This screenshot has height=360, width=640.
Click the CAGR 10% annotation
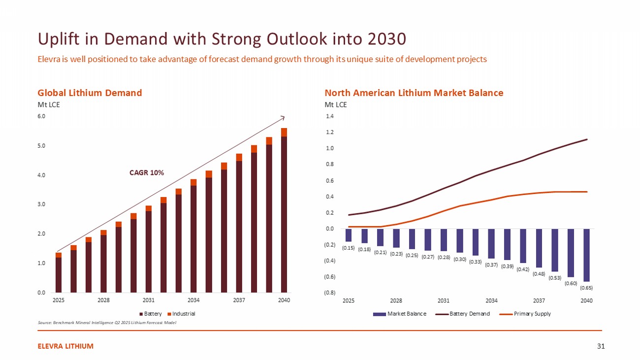(147, 173)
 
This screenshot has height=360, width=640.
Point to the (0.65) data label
(586, 287)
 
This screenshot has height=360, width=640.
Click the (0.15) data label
(348, 248)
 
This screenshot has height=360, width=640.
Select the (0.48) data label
(539, 273)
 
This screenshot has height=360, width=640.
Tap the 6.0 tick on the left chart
(41, 117)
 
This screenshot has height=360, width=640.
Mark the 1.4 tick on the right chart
(329, 117)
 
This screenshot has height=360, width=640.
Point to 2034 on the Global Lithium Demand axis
(193, 300)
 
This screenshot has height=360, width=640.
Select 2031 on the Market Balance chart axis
(444, 300)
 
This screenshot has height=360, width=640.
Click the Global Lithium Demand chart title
(90, 93)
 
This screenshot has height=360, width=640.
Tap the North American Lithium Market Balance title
(414, 93)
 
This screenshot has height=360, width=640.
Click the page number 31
(600, 346)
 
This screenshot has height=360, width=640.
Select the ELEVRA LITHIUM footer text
(65, 346)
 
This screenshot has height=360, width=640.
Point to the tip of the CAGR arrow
(284, 117)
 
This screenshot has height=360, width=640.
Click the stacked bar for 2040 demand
(284, 212)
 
